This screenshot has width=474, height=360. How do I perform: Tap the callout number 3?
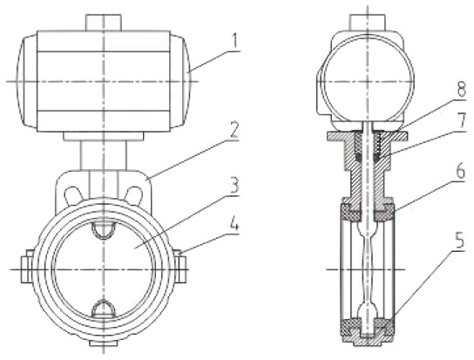tap(234, 185)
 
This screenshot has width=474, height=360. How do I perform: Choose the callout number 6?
tap(460, 172)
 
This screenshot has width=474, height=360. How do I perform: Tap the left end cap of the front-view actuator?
tap(27, 81)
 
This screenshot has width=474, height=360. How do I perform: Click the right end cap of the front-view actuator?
tap(180, 81)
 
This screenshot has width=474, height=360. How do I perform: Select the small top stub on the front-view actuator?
tap(104, 23)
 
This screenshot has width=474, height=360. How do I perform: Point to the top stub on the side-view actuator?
tap(367, 23)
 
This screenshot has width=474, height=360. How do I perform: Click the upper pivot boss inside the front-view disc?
tap(104, 230)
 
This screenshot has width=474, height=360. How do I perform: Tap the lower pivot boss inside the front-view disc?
tap(104, 309)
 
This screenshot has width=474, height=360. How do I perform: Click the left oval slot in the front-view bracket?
tap(73, 195)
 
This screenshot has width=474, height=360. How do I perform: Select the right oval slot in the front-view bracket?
tap(134, 195)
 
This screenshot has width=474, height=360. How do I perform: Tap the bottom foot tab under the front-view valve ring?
tap(104, 343)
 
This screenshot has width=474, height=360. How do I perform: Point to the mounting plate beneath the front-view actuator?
tap(104, 136)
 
